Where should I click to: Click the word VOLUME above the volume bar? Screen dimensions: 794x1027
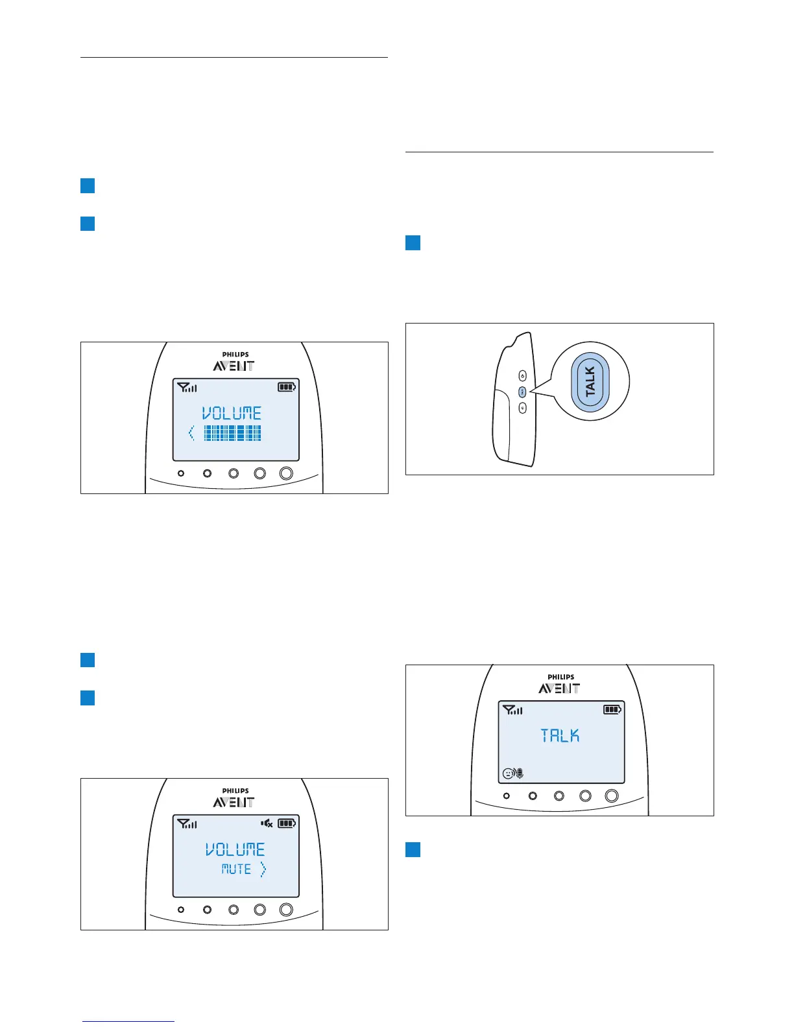pyautogui.click(x=232, y=413)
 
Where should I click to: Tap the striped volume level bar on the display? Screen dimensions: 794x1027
pyautogui.click(x=233, y=433)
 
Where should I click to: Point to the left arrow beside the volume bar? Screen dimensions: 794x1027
pyautogui.click(x=191, y=433)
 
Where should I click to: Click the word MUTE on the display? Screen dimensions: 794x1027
pyautogui.click(x=236, y=869)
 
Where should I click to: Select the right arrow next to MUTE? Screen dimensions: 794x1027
pyautogui.click(x=263, y=869)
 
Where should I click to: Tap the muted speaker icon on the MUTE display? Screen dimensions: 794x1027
pyautogui.click(x=267, y=823)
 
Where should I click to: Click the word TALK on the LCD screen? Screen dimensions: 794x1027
pyautogui.click(x=560, y=735)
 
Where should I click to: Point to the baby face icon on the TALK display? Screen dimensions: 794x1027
pyautogui.click(x=508, y=773)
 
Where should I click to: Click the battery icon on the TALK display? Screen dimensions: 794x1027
pyautogui.click(x=612, y=710)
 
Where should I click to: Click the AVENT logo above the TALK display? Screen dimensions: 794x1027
pyautogui.click(x=559, y=688)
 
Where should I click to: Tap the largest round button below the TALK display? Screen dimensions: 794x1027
pyautogui.click(x=612, y=796)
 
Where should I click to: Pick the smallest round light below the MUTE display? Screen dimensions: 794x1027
pyautogui.click(x=181, y=910)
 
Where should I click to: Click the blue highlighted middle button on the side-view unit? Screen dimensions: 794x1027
pyautogui.click(x=523, y=392)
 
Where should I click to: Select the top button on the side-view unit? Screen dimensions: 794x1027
pyautogui.click(x=523, y=376)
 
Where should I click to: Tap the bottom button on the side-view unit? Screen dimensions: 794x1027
pyautogui.click(x=523, y=408)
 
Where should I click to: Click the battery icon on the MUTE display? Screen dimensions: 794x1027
pyautogui.click(x=286, y=823)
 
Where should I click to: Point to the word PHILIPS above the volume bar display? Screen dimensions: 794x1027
pyautogui.click(x=235, y=355)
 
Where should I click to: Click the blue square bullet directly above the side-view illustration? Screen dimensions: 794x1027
pyautogui.click(x=413, y=244)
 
